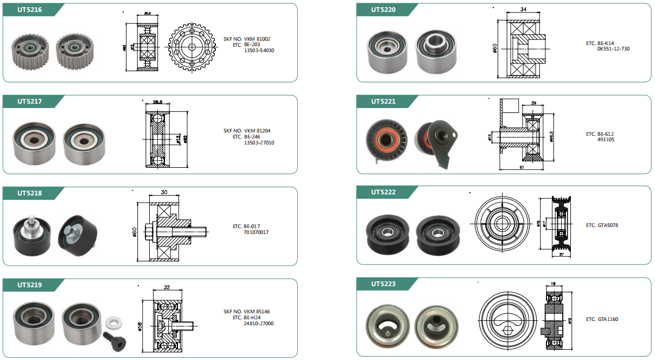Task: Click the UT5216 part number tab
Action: pos(30,10)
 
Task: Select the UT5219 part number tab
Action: pos(30,285)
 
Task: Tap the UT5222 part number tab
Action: pos(383,192)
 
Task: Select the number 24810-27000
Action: pos(259,324)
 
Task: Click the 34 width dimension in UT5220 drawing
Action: pos(523,9)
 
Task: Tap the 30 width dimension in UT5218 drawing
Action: pos(164,192)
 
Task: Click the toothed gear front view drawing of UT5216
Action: pos(191,47)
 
